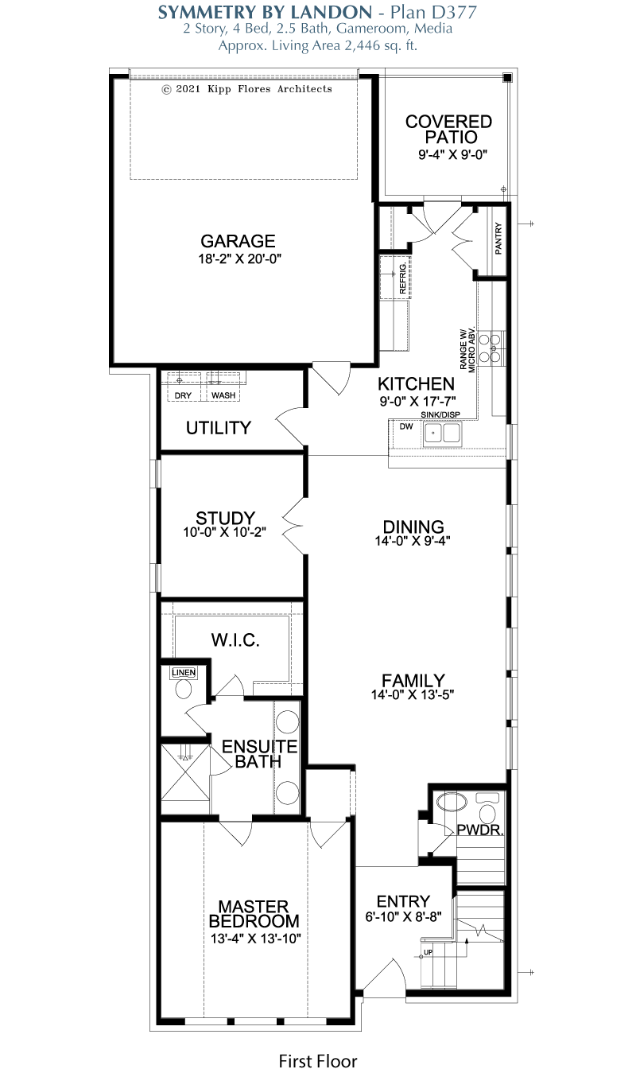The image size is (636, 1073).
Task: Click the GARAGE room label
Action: (x=238, y=241)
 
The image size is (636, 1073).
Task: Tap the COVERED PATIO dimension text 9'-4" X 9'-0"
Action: (x=452, y=155)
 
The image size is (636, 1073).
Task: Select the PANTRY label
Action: (x=498, y=238)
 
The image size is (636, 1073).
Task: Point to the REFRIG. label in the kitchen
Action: (x=402, y=278)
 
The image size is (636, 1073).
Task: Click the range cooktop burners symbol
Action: (x=490, y=348)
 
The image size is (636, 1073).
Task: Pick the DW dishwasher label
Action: (x=406, y=426)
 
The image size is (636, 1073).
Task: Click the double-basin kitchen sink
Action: (x=442, y=433)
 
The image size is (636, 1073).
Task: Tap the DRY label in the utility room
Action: (x=183, y=395)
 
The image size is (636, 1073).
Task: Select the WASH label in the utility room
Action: (x=223, y=395)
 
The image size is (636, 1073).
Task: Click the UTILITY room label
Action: (x=219, y=428)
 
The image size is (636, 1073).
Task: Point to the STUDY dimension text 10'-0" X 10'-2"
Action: (x=225, y=532)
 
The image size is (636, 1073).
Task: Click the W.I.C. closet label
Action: (x=235, y=640)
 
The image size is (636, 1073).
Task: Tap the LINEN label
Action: (x=184, y=673)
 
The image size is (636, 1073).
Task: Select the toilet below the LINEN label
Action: (x=184, y=689)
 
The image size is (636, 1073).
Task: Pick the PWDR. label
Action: (x=480, y=830)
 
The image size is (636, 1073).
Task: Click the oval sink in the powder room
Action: (x=452, y=802)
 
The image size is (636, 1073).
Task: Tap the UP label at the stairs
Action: (x=429, y=952)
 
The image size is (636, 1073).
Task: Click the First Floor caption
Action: (x=318, y=1061)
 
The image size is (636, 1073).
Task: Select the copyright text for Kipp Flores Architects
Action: (x=247, y=89)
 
